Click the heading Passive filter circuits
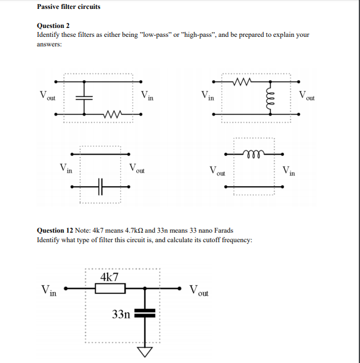68,7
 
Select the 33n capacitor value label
121,314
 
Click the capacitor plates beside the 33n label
145,313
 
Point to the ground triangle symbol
145,353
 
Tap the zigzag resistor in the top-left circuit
111,114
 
